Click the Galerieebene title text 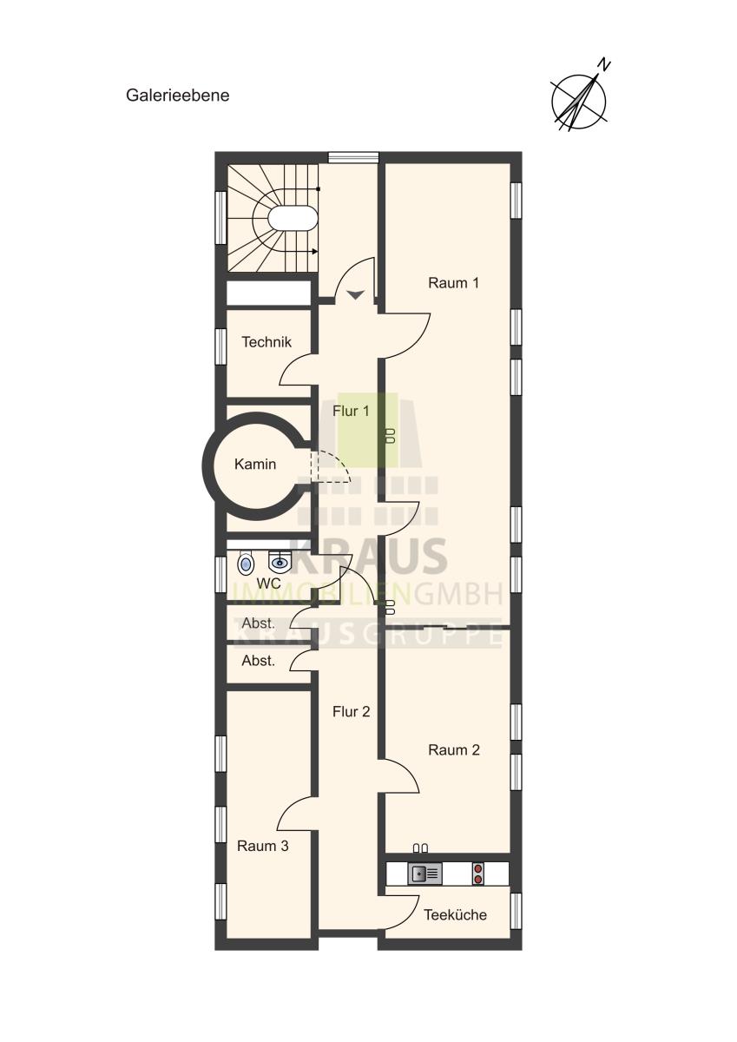[x=178, y=96]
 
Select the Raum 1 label [x=453, y=283]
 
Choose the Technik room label [x=267, y=342]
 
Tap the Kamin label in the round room [x=255, y=465]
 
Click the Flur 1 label [x=351, y=411]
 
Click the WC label [x=268, y=584]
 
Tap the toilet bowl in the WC [x=246, y=564]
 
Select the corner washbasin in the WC [x=280, y=563]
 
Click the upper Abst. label [x=259, y=623]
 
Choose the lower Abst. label [x=259, y=661]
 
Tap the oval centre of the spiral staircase [x=293, y=219]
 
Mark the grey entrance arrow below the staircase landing [x=355, y=294]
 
